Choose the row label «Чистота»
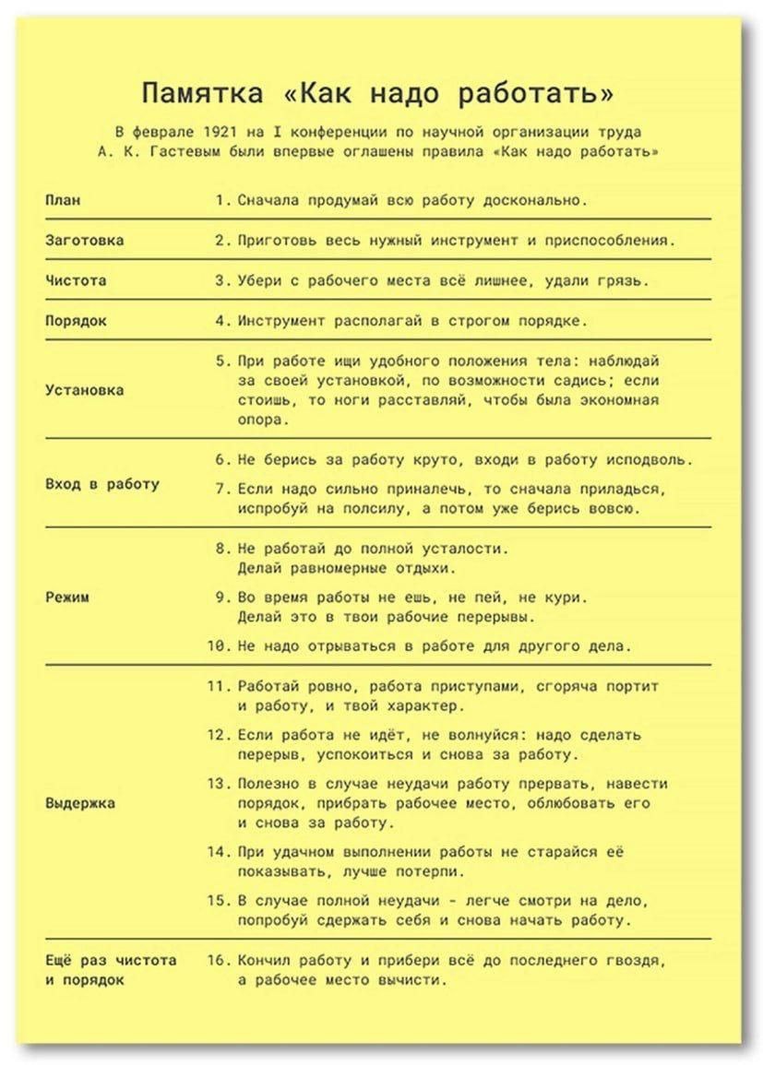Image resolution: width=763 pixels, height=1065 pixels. pyautogui.click(x=75, y=280)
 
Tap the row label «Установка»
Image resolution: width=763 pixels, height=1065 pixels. pyautogui.click(x=84, y=389)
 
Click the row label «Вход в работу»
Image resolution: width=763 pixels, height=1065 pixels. pyautogui.click(x=101, y=483)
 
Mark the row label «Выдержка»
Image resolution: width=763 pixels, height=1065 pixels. pyautogui.click(x=79, y=802)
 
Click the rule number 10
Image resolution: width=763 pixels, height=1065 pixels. pyautogui.click(x=217, y=645)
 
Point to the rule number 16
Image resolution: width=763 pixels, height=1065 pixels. pyautogui.click(x=217, y=960)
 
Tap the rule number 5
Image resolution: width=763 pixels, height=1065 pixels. pyautogui.click(x=221, y=360)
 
